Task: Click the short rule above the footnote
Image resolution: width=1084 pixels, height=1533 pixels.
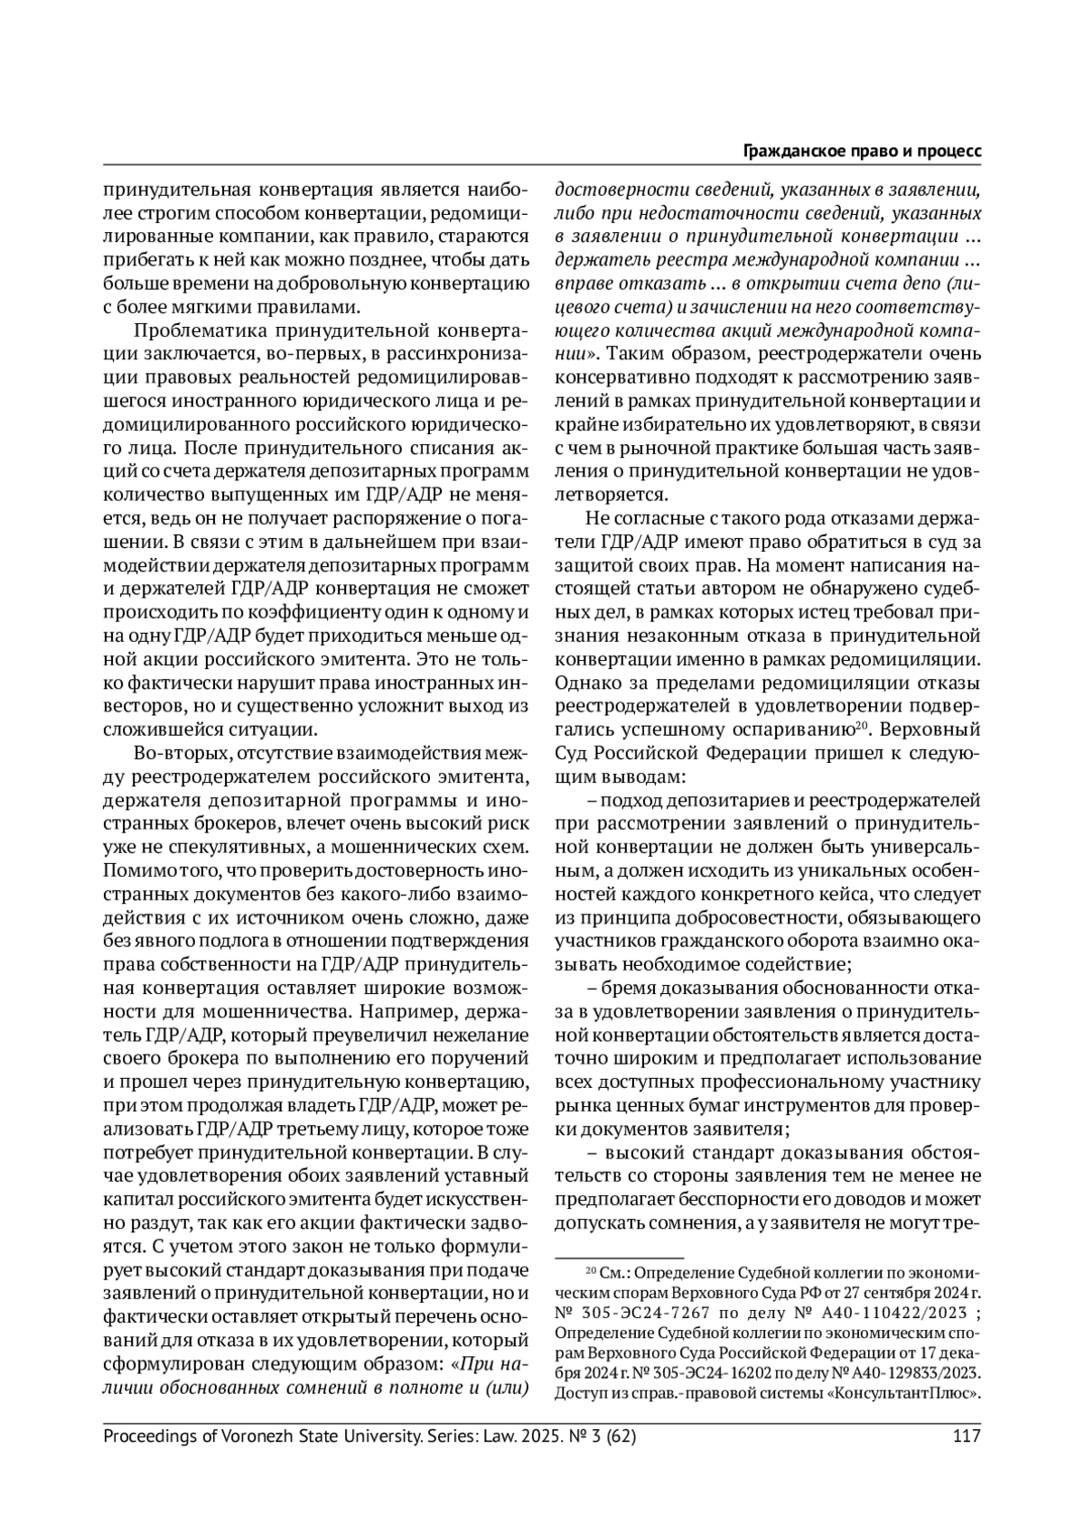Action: click(x=619, y=1256)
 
